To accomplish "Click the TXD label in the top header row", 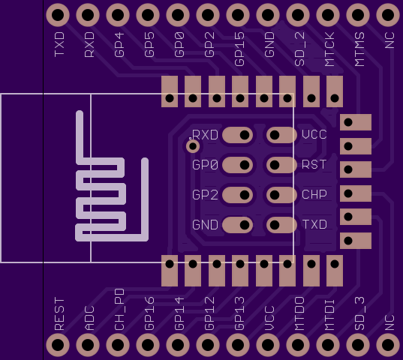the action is (59, 44).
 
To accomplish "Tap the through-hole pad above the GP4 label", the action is (118, 15).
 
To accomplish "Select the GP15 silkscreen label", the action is (239, 49).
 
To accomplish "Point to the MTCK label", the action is (329, 49).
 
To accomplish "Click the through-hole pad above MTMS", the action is (358, 15).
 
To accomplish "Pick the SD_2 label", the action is (299, 49).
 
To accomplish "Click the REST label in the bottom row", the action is (59, 313).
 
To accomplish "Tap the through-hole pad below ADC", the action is (88, 344).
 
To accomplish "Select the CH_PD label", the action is (119, 310).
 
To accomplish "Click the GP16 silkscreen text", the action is (149, 313).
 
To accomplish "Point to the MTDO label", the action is (299, 313).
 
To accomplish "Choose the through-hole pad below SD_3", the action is (358, 344).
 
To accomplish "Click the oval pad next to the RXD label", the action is (237, 135).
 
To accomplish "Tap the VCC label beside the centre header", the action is (314, 134).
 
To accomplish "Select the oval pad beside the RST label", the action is (281, 165).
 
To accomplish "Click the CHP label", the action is (314, 195).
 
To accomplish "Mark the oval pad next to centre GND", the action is (237, 225).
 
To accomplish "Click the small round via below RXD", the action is (193, 146).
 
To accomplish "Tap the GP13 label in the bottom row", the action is (239, 313).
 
